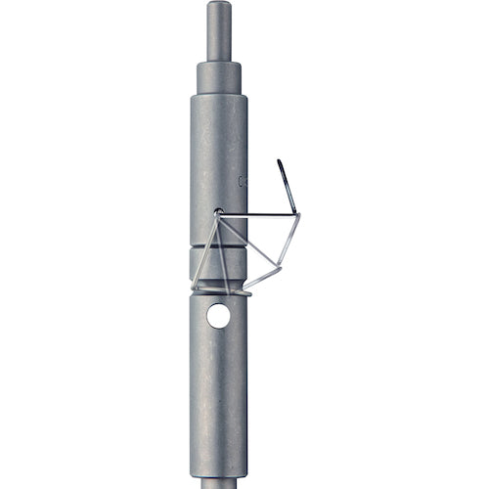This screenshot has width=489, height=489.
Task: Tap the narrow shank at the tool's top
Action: (x=219, y=34)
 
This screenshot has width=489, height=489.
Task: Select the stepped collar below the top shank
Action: (x=219, y=77)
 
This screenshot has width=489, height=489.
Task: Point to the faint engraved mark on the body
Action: (x=242, y=181)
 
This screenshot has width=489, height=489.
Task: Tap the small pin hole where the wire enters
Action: (x=218, y=211)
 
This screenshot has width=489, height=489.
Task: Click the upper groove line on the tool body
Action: (x=218, y=246)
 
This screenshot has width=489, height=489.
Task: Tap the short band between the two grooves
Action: (x=218, y=265)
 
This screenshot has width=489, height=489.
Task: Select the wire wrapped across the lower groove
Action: (x=221, y=290)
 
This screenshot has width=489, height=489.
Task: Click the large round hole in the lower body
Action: (x=219, y=316)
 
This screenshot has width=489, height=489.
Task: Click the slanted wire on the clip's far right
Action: (x=289, y=240)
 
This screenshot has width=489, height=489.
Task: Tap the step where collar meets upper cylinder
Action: (x=219, y=95)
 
